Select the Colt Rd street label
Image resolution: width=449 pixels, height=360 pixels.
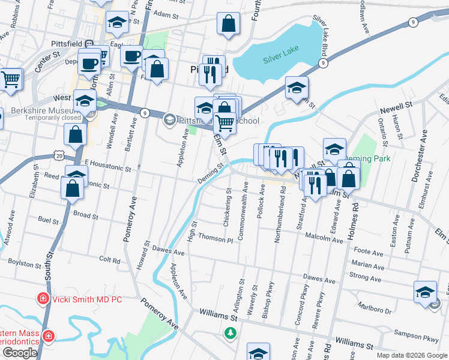tap(110, 260)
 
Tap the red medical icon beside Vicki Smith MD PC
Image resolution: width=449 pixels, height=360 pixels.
tap(43, 298)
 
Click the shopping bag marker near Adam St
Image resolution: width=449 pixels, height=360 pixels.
tap(229, 25)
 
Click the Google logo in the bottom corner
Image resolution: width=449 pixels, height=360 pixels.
tap(20, 353)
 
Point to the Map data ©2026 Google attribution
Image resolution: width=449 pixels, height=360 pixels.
tap(412, 355)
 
